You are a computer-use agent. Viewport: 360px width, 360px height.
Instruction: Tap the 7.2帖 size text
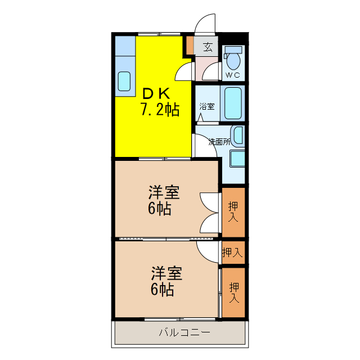point(160,109)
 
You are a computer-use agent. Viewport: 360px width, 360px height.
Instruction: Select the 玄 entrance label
point(208,47)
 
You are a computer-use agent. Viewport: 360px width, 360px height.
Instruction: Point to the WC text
point(233,75)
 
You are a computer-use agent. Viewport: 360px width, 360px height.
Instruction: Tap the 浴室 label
point(206,106)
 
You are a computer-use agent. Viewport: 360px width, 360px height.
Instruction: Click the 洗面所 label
point(219,142)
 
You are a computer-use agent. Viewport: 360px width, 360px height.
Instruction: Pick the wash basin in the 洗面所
point(238,136)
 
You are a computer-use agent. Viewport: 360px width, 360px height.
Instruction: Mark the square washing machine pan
point(237,159)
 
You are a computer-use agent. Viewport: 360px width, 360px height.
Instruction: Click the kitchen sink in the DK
point(124,82)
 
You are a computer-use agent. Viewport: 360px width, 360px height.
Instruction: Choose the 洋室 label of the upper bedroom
point(164,192)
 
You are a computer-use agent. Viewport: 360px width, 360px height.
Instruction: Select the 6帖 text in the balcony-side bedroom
point(162,290)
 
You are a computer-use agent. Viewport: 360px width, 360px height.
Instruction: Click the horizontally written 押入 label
point(232,253)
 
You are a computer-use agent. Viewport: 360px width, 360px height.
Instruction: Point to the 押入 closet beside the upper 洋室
point(233,211)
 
